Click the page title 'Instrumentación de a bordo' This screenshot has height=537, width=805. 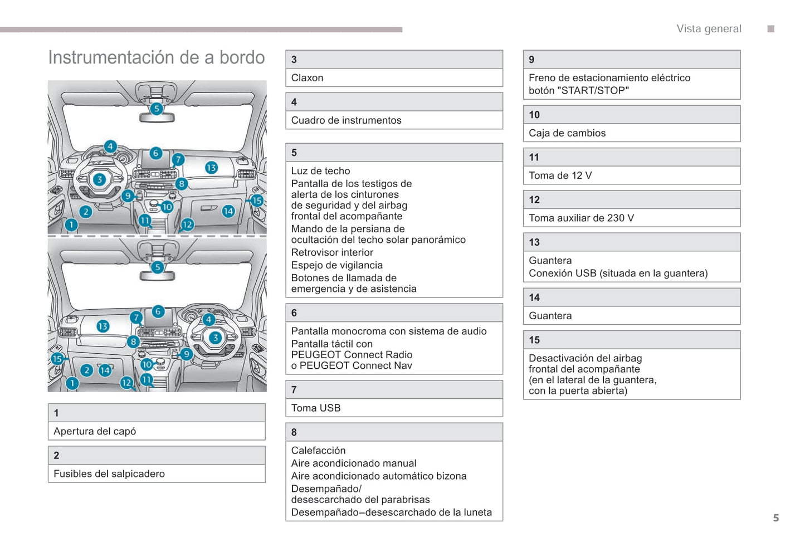pyautogui.click(x=157, y=57)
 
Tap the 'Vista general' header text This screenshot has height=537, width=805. pyautogui.click(x=709, y=29)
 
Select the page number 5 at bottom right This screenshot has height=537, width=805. pyautogui.click(x=775, y=518)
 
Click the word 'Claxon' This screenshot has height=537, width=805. pyautogui.click(x=307, y=78)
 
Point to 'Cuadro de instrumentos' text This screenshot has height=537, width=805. pyautogui.click(x=346, y=120)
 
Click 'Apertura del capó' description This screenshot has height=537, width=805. pyautogui.click(x=95, y=431)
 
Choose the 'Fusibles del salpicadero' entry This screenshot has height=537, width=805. pyautogui.click(x=109, y=473)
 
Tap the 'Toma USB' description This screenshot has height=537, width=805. pyautogui.click(x=316, y=408)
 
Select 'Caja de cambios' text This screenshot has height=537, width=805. pyautogui.click(x=567, y=133)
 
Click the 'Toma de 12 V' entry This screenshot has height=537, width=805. pyautogui.click(x=560, y=175)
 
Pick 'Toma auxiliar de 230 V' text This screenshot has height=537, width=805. pyautogui.click(x=581, y=218)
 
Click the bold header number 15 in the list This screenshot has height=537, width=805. pyautogui.click(x=534, y=340)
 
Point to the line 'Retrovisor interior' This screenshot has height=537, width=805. pyautogui.click(x=332, y=252)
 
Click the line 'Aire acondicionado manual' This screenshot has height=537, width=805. pyautogui.click(x=354, y=463)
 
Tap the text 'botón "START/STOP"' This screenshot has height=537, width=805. pyautogui.click(x=579, y=90)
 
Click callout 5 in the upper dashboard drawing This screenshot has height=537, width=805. pyautogui.click(x=157, y=109)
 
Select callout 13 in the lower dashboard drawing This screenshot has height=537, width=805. pyautogui.click(x=103, y=326)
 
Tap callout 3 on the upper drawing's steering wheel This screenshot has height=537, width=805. pyautogui.click(x=99, y=179)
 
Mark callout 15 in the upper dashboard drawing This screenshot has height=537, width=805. pyautogui.click(x=256, y=201)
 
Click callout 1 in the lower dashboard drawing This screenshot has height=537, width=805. pyautogui.click(x=72, y=383)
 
